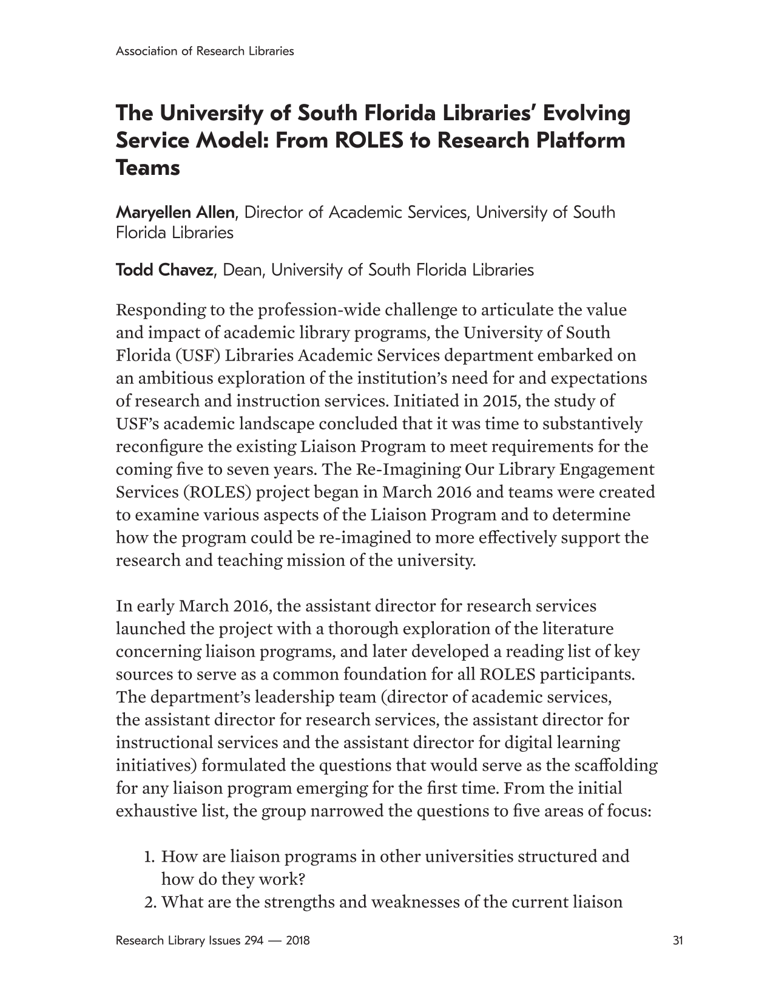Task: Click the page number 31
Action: click(678, 941)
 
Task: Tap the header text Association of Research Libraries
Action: click(204, 51)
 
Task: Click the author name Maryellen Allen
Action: click(175, 213)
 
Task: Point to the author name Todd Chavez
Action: click(164, 270)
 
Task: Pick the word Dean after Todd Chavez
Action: click(242, 270)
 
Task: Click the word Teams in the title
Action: click(147, 168)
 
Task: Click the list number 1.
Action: click(149, 857)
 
